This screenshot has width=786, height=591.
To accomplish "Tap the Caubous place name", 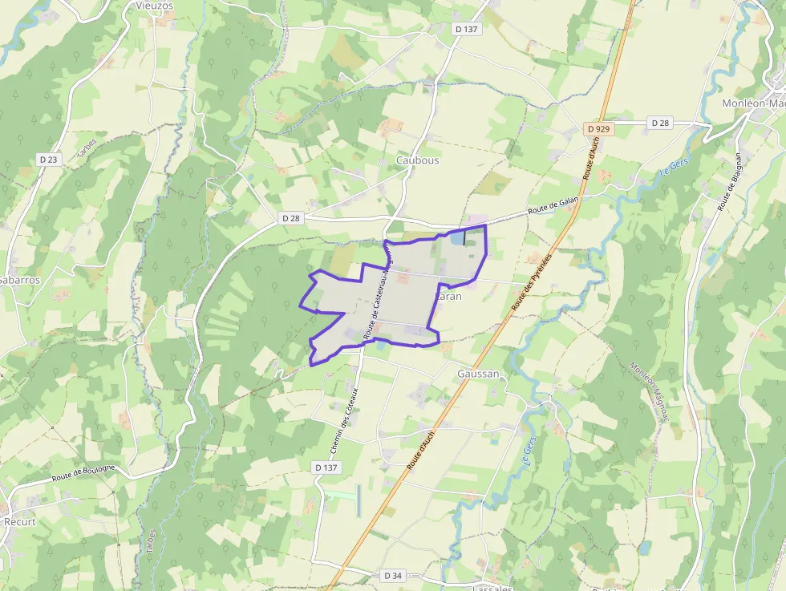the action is [x=418, y=160].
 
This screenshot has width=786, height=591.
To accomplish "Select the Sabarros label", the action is [x=19, y=280].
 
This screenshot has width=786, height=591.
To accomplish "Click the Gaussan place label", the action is [x=478, y=374].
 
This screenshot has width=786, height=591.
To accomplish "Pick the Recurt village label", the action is [x=20, y=521].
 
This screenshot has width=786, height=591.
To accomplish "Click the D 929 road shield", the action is [x=598, y=128].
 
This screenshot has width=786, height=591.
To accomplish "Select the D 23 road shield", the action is [x=49, y=160].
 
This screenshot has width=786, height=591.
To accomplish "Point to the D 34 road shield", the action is [x=392, y=576].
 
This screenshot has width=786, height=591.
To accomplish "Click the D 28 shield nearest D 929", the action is [x=660, y=123].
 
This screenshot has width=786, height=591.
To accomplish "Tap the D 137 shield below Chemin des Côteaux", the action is [x=326, y=467].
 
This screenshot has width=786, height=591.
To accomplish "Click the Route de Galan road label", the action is [x=553, y=206].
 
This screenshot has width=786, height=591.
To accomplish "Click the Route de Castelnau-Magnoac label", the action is [x=377, y=292].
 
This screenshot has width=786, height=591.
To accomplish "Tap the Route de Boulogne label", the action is [x=83, y=472].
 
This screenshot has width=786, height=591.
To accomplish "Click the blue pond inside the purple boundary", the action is [x=456, y=238].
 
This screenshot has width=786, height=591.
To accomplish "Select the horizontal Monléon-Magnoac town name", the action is [x=753, y=103].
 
